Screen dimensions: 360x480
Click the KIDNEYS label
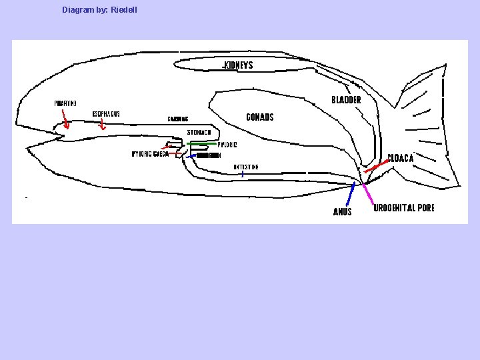(238, 65)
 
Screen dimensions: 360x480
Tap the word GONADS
(260, 117)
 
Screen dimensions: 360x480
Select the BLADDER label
(346, 100)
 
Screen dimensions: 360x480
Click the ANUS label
(342, 212)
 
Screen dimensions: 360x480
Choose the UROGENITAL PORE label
(404, 208)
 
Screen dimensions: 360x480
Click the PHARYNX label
(65, 103)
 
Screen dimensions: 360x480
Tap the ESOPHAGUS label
(106, 114)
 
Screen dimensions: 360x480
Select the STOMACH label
(199, 133)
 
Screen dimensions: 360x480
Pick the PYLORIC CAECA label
(149, 154)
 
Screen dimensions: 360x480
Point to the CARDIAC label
(178, 120)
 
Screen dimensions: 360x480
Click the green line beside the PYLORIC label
(203, 143)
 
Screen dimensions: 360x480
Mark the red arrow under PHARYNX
(65, 121)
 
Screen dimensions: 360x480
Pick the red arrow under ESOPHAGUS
(102, 126)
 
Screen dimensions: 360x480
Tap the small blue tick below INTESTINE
(243, 173)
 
